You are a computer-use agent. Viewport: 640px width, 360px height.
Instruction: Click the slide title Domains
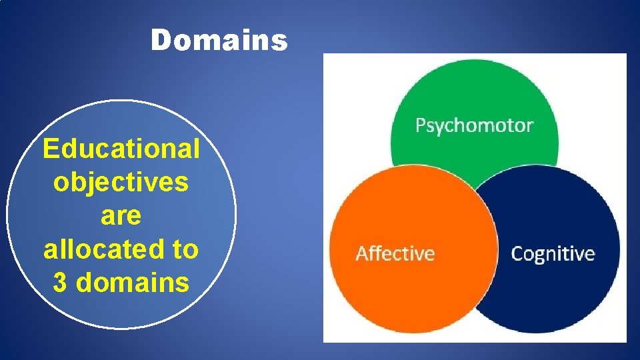click(219, 41)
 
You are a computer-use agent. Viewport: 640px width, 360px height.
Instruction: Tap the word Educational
click(121, 149)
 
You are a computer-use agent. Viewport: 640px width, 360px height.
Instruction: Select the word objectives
click(121, 182)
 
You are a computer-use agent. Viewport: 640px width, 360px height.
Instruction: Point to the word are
click(121, 216)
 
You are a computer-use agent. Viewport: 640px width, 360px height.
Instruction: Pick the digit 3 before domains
click(59, 283)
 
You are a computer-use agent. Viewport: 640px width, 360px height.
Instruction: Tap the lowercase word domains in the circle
click(133, 283)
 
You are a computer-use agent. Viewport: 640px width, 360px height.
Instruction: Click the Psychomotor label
click(474, 125)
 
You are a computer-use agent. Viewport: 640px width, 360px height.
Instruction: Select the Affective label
click(395, 253)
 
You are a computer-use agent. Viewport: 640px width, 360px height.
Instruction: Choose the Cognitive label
click(553, 253)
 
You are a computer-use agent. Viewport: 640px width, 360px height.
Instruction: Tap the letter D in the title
click(159, 41)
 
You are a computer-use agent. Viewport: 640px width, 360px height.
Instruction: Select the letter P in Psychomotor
click(421, 125)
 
